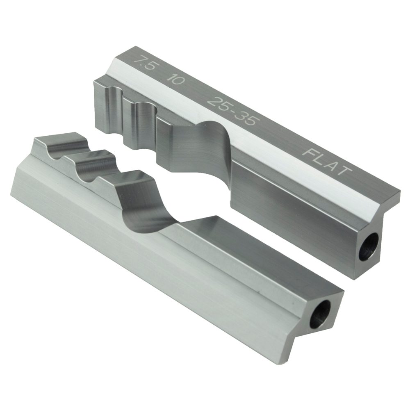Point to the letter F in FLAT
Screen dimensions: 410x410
[309, 152]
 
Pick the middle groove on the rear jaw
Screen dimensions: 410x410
[143, 119]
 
